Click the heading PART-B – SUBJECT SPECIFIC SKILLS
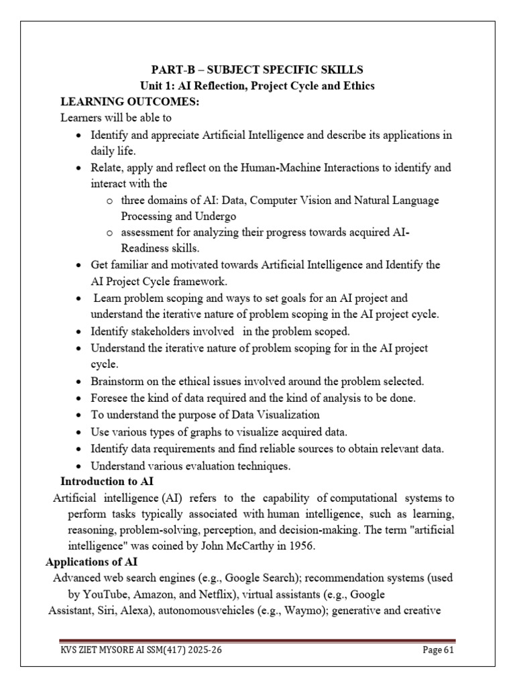tap(257, 70)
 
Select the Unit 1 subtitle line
tap(257, 86)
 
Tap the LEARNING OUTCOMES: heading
tap(121, 102)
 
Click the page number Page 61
tap(441, 650)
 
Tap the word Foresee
tap(109, 398)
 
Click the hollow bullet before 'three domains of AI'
tap(110, 201)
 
